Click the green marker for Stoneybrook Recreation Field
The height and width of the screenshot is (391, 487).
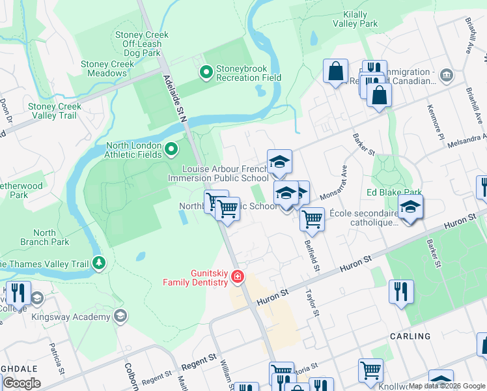(x=206, y=72)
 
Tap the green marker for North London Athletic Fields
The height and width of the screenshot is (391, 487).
(x=171, y=151)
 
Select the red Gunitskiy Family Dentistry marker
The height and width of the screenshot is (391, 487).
(x=238, y=277)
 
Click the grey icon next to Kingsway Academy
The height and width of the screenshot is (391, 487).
(x=120, y=317)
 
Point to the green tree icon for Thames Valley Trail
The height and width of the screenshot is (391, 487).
(x=98, y=263)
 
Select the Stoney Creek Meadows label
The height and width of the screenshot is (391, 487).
(x=107, y=68)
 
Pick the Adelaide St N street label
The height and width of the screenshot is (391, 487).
(x=175, y=98)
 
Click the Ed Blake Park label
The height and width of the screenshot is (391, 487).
(x=394, y=192)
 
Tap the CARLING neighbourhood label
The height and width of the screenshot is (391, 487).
(x=410, y=336)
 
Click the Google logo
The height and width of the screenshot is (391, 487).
(x=21, y=383)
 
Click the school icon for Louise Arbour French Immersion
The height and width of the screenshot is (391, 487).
(x=279, y=162)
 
